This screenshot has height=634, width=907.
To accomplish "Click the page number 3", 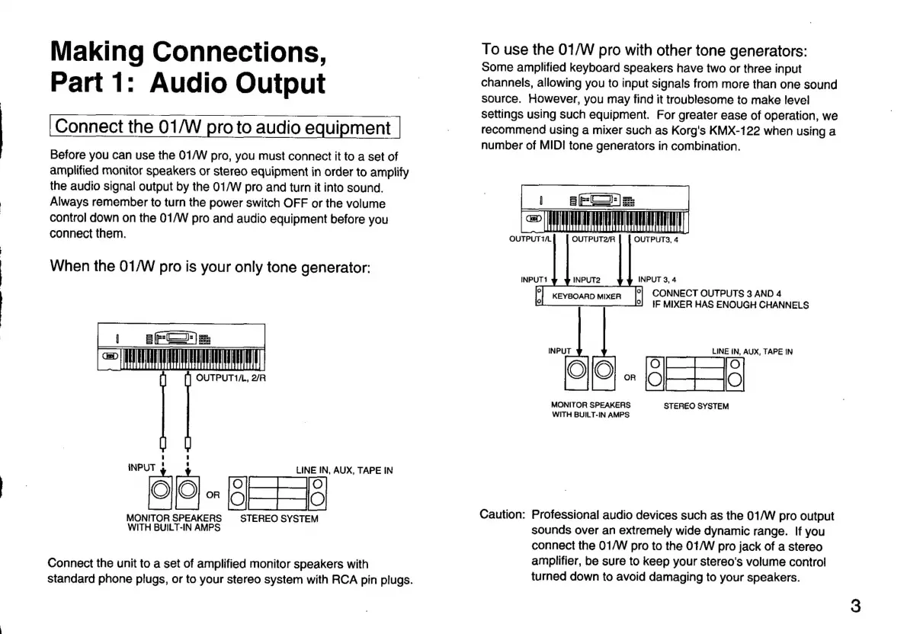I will point(855,607).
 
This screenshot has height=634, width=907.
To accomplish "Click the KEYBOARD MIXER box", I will point(587,296).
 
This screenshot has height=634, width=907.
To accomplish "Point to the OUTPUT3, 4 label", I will point(656,239).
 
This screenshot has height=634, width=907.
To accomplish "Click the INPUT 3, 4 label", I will point(657,279).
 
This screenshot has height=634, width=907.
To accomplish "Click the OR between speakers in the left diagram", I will point(213,495).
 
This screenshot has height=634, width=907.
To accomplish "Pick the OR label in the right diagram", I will point(630,377).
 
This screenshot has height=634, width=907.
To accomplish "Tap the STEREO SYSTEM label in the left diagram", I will point(279,519).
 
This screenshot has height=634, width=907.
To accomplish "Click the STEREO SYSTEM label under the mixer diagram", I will point(696,406).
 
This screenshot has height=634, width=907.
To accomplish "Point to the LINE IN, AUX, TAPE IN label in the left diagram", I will point(345,470).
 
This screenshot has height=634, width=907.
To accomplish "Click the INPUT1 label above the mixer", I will point(534,279).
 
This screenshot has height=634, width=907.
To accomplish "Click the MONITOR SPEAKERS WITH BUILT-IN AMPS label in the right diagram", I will point(591,409).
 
